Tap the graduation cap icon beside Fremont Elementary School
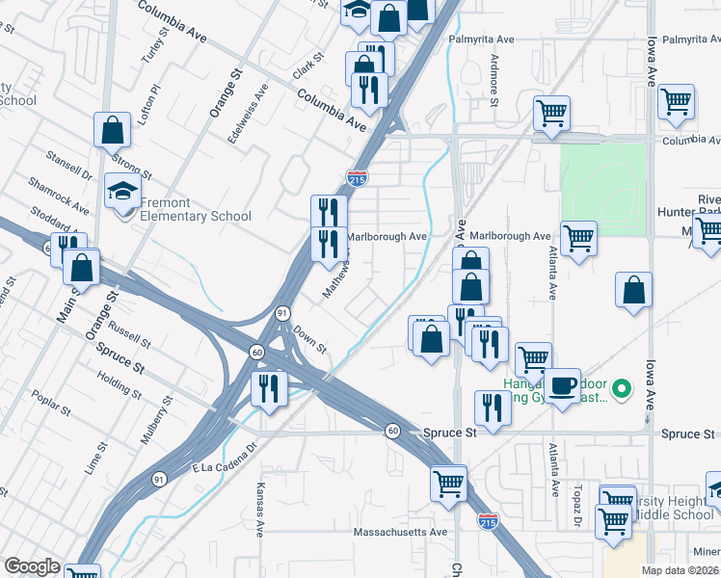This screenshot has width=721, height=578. coord(123,192)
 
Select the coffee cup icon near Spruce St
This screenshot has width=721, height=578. coord(564,384)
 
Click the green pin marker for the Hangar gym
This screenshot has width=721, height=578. coord(622,389)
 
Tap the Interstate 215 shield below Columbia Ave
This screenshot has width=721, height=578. coord(356,177)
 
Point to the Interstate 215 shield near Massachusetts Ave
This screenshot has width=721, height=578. coord(489,521)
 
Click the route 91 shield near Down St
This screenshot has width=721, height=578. coord(281,313)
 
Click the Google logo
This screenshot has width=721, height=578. coord(32,566)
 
